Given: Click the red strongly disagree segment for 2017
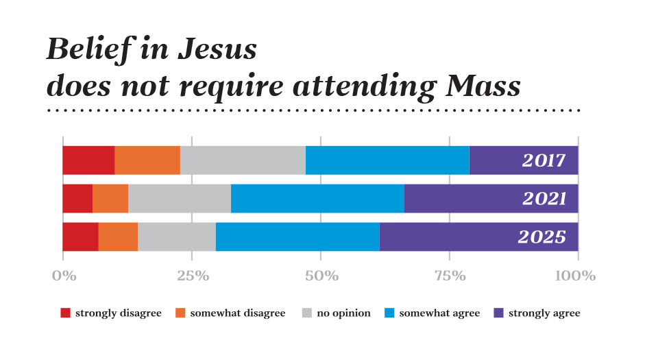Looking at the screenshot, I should [88, 160].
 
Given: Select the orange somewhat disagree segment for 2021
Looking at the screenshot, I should [110, 198].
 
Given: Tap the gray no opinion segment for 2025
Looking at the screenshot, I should [177, 237].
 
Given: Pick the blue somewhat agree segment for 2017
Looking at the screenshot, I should [387, 160].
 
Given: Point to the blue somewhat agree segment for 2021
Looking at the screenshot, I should [317, 198].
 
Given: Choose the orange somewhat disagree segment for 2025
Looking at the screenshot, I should [118, 237].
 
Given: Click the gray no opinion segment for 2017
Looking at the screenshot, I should [243, 160].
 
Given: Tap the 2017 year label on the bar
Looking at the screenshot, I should [544, 160].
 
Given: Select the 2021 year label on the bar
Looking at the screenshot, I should [544, 199].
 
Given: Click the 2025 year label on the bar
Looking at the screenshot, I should [541, 237].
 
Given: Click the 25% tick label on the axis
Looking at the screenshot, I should [193, 276].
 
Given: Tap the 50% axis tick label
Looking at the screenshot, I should [321, 276].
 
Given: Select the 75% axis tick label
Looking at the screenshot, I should [450, 276].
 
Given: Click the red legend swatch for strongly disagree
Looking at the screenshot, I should [66, 313].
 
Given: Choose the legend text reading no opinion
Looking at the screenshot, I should [343, 313].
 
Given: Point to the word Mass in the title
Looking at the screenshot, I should [478, 86].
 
